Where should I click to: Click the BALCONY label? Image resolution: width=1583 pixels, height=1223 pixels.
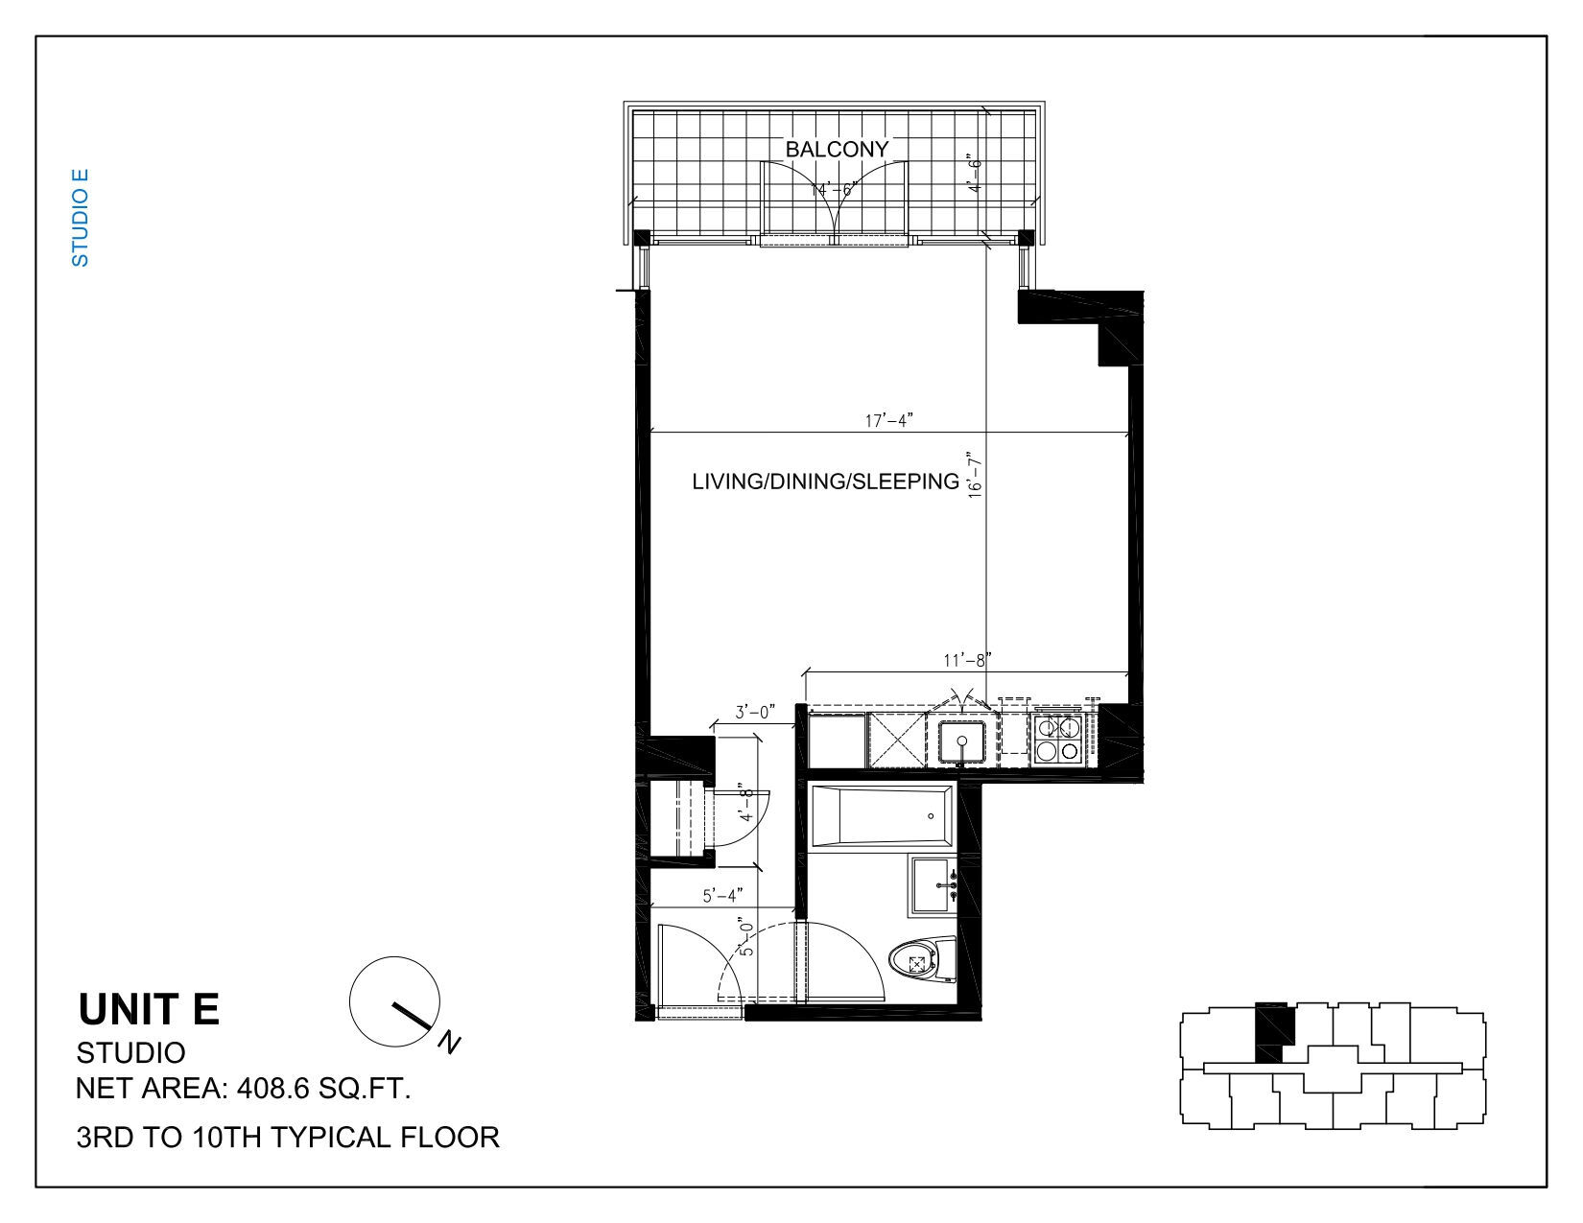point(837,150)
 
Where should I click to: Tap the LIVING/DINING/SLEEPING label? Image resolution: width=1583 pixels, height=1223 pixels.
point(825,482)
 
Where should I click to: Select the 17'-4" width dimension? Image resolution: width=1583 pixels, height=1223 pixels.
point(888,420)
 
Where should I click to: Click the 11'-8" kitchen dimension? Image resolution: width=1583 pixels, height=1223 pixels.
point(967,660)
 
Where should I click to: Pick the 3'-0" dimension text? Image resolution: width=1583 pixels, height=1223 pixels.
point(754,712)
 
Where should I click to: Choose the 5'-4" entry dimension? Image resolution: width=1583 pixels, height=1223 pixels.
point(722,895)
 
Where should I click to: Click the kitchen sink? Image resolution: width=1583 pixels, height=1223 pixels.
point(961,742)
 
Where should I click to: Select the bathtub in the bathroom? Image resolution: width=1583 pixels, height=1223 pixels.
point(882,816)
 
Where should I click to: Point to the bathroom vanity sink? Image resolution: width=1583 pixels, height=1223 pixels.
point(933,886)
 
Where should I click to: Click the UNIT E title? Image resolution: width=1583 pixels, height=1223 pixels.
point(149,1009)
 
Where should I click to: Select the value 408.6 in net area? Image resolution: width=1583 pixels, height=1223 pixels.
point(273,1089)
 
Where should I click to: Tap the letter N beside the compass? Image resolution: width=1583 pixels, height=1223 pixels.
point(449,1042)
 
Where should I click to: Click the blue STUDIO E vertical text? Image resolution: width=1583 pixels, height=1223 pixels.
point(80,218)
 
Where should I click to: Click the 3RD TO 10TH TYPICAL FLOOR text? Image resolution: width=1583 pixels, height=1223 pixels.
point(288,1137)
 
